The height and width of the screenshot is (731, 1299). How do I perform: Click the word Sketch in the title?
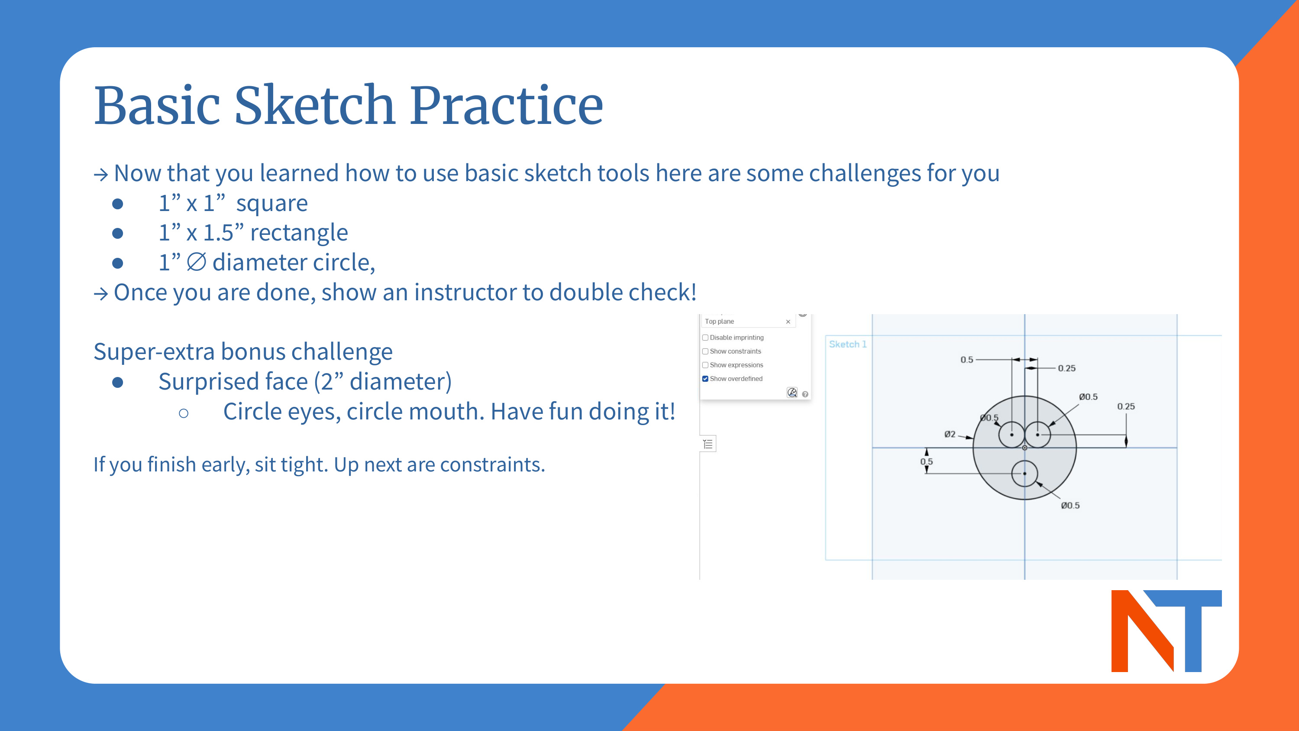coord(315,106)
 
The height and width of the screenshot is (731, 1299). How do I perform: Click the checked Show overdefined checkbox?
coord(705,379)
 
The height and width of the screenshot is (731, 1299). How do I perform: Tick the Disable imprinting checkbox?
coord(705,338)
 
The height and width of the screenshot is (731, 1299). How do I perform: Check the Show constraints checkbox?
coord(705,351)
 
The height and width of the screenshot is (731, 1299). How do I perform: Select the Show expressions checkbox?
coord(705,365)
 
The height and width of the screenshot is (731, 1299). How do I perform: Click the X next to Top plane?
coord(788,322)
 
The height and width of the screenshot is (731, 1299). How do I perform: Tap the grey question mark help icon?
coord(805,394)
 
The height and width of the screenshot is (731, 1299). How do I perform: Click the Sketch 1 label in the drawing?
coord(847,344)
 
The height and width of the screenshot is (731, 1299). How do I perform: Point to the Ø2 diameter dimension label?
coord(950,434)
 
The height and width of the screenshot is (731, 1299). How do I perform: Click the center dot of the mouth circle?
coord(1024,474)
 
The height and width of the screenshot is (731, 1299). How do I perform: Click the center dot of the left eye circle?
coord(1011,434)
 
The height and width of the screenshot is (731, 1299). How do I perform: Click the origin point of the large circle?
coord(1024,448)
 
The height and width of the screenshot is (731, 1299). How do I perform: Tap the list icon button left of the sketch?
coord(708,444)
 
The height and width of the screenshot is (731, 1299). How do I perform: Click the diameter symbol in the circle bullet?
coord(196,262)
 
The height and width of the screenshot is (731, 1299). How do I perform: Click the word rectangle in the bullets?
coord(299,233)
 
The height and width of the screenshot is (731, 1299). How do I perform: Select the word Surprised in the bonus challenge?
coord(233,381)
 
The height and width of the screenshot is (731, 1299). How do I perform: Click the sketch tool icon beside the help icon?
coord(792,393)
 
